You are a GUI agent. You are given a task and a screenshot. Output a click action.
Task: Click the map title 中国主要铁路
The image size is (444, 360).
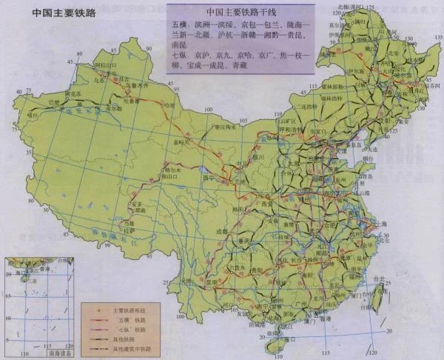click(55, 13)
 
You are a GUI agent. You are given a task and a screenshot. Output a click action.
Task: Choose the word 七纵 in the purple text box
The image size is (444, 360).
click(177, 55)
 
